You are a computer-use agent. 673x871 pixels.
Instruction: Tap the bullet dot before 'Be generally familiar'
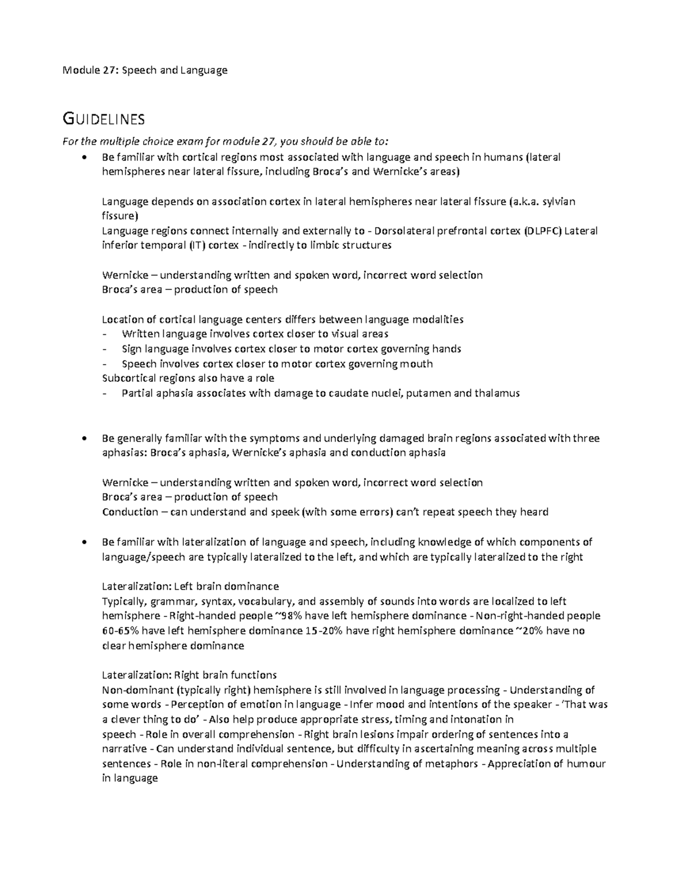point(84,438)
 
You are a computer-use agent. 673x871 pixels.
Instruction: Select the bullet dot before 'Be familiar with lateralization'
point(84,542)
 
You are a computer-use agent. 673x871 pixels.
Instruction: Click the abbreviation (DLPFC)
point(542,231)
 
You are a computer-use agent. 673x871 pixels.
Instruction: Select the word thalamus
point(496,393)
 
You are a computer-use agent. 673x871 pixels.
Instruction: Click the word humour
point(587,764)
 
